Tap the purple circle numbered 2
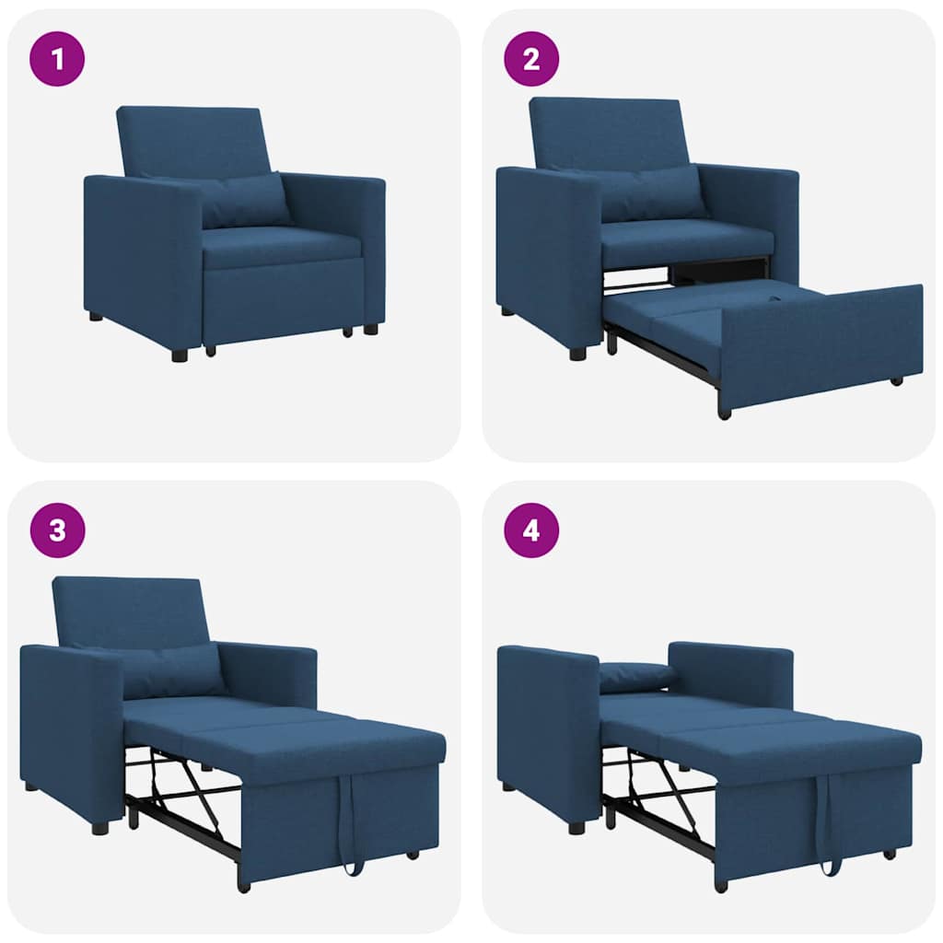click(531, 58)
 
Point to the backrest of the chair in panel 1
click(193, 140)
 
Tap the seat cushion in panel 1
click(281, 247)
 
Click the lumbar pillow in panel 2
click(652, 193)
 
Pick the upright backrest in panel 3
click(129, 610)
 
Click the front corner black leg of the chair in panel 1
click(180, 355)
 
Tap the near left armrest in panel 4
click(547, 728)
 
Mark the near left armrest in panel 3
click(70, 728)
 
